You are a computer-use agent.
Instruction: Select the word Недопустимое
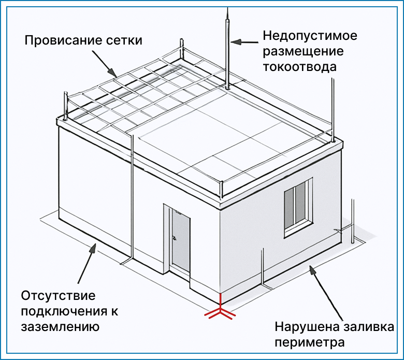(310, 36)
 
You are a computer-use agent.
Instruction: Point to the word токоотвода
(300, 66)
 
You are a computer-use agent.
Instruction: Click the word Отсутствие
(58, 296)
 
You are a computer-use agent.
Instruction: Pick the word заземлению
(60, 327)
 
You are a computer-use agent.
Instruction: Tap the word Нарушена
(307, 327)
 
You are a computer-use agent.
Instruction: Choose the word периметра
(310, 343)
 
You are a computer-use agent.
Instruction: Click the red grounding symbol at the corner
(220, 309)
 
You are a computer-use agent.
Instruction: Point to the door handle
(174, 238)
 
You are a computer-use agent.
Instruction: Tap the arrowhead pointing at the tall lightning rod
(236, 42)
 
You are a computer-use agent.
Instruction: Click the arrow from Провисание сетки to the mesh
(105, 63)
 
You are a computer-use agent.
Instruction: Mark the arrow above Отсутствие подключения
(87, 263)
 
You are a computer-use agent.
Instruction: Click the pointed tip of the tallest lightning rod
(227, 8)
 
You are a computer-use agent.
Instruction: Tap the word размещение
(303, 51)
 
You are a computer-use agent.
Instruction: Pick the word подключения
(64, 311)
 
